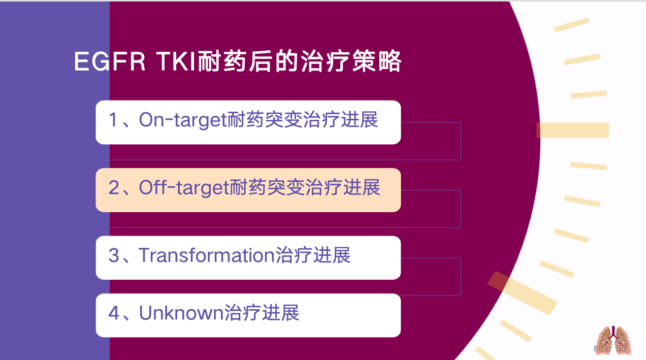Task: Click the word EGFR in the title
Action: tap(110, 61)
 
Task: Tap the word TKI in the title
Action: tap(177, 61)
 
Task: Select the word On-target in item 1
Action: tap(182, 120)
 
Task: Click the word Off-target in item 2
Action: tap(184, 188)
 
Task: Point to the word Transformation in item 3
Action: tap(207, 255)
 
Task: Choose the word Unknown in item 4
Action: tap(181, 313)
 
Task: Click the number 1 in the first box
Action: tap(113, 120)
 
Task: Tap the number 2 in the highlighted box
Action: tap(114, 187)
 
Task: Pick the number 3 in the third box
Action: tap(114, 255)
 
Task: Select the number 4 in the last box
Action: tap(114, 313)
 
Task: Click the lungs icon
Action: tap(613, 340)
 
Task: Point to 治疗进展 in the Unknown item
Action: tap(262, 313)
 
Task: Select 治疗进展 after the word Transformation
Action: tap(313, 255)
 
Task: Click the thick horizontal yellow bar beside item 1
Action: tap(573, 130)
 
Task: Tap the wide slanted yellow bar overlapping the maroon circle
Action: tap(523, 292)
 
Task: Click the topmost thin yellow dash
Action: tap(571, 25)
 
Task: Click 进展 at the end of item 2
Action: tap(362, 187)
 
